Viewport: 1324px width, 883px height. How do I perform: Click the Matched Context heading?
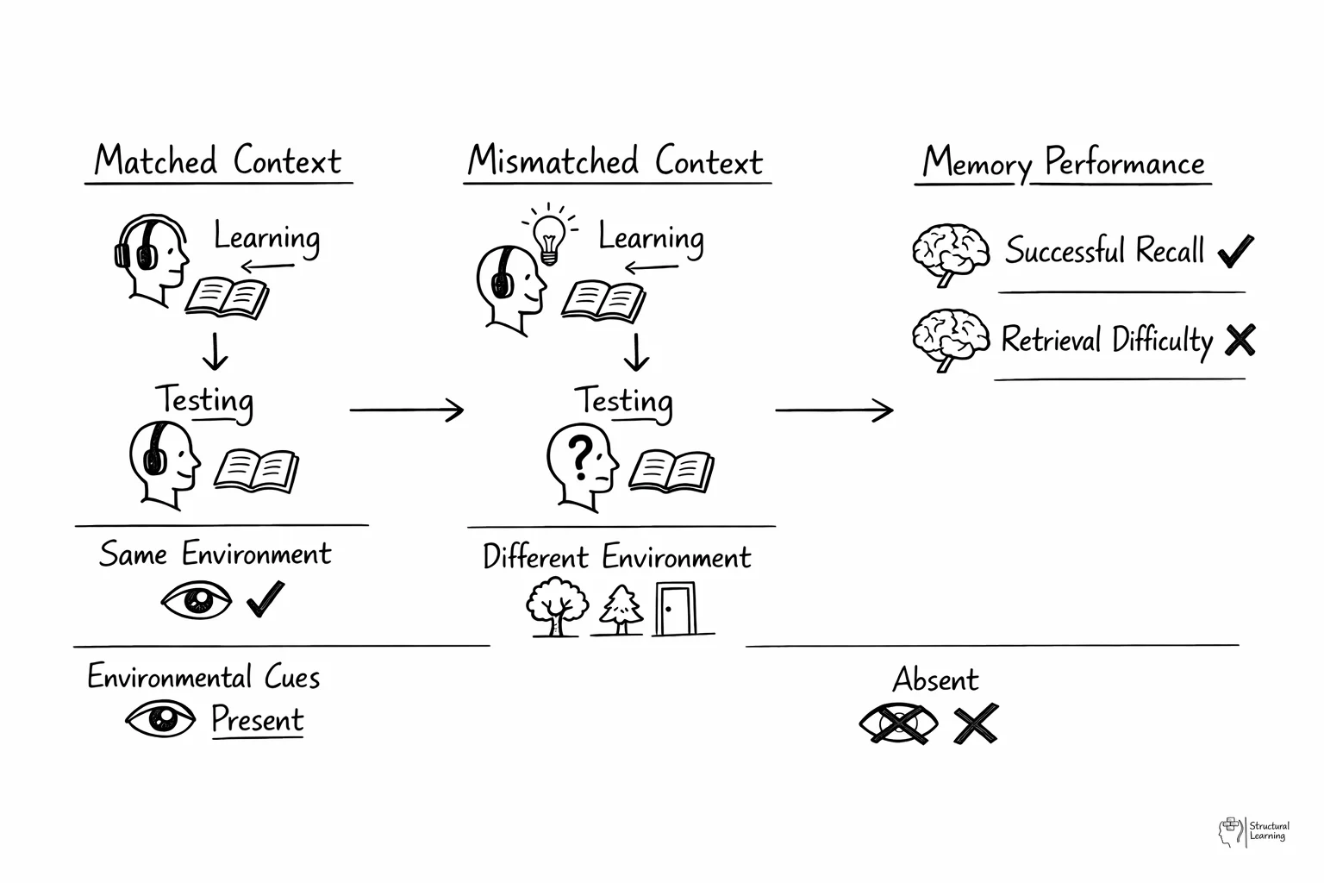pyautogui.click(x=218, y=161)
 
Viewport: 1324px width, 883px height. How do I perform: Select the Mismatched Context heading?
pyautogui.click(x=615, y=161)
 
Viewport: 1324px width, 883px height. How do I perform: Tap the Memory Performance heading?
pyautogui.click(x=1063, y=163)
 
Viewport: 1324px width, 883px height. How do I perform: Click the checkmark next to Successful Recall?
pyautogui.click(x=1235, y=251)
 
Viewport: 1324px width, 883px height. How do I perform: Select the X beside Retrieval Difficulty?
pyautogui.click(x=1239, y=340)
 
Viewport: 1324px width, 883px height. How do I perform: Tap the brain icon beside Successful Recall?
pyautogui.click(x=951, y=254)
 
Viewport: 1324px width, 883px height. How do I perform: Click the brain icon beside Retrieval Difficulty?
pyautogui.click(x=951, y=340)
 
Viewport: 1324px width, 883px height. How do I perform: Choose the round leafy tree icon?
pyautogui.click(x=558, y=606)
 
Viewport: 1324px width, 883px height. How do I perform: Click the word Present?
pyautogui.click(x=258, y=719)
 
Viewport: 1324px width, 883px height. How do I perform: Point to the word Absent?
pyautogui.click(x=935, y=679)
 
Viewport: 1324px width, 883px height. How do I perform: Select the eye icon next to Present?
pyautogui.click(x=160, y=717)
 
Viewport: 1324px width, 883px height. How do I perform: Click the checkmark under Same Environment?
pyautogui.click(x=265, y=599)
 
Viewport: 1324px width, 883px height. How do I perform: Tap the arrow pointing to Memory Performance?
pyautogui.click(x=834, y=410)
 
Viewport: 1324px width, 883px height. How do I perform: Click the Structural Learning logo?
pyautogui.click(x=1254, y=831)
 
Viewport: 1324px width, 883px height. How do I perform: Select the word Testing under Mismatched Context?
pyautogui.click(x=623, y=401)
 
